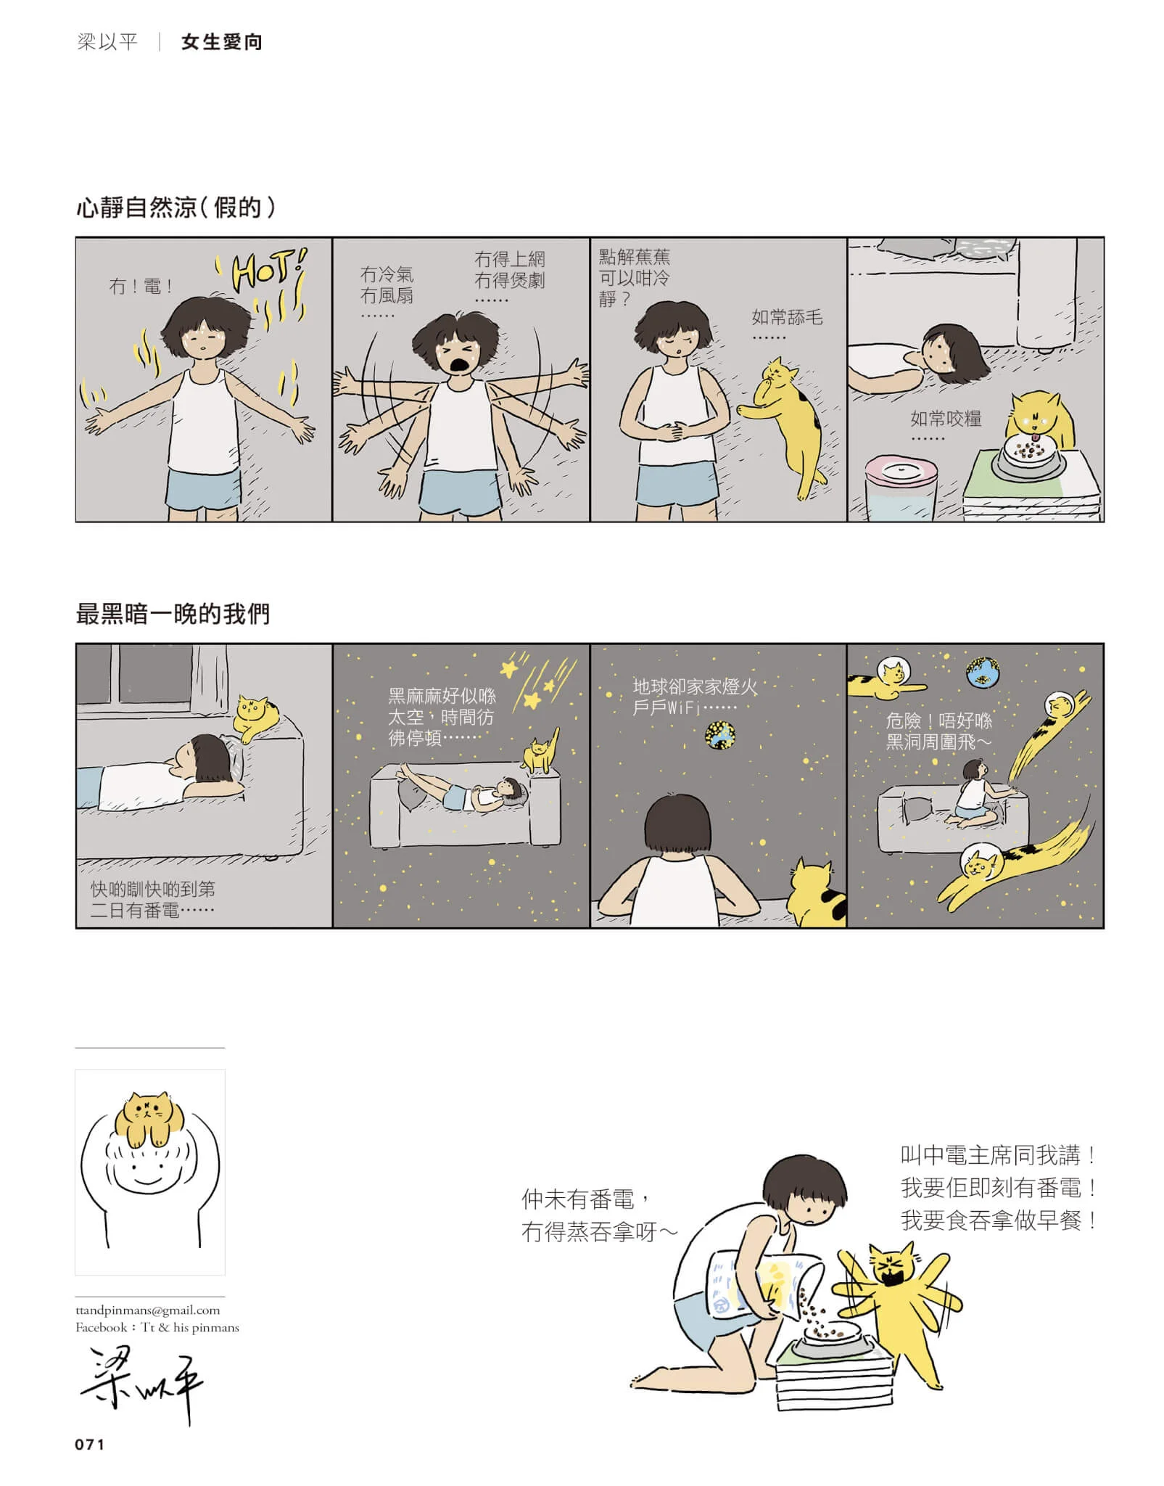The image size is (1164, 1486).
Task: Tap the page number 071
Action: click(90, 1444)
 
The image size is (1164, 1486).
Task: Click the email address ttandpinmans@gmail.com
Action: click(147, 1310)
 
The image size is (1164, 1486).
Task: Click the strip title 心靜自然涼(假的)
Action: click(176, 208)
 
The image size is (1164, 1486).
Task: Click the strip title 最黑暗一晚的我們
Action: click(173, 614)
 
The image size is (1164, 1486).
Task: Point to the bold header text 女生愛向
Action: click(221, 42)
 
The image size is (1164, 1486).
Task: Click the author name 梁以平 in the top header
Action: click(107, 42)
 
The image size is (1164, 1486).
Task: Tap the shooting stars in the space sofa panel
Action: click(538, 681)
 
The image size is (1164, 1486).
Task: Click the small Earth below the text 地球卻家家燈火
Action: click(720, 736)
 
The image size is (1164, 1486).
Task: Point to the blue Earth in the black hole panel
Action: click(983, 673)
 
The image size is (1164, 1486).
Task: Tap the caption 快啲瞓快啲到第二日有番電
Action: click(152, 900)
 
